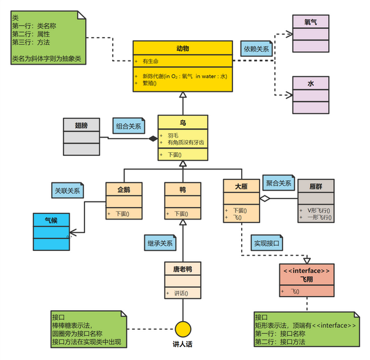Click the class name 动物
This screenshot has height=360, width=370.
[183, 48]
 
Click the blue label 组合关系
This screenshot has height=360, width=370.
[128, 126]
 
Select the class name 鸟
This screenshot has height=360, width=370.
[183, 123]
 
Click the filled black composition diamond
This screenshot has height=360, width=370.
[152, 139]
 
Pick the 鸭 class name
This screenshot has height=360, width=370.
[183, 189]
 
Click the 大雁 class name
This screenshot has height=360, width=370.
[241, 185]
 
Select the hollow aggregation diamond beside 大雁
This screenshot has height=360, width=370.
[264, 198]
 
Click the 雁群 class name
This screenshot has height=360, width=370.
[316, 186]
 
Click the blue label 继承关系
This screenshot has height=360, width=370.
[160, 242]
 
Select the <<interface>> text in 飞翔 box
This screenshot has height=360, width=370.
[306, 271]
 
